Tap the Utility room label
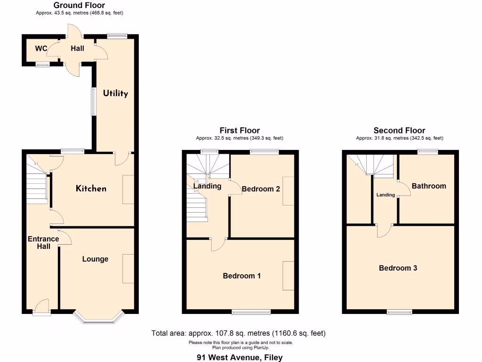coord(116,93)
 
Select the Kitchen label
coord(91,189)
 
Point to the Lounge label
coord(95,259)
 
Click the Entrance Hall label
coord(43,243)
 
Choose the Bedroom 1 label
coord(241,276)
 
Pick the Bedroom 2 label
coord(261,189)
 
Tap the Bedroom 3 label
coord(398,268)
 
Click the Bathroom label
coord(429,186)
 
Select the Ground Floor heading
coord(79,5)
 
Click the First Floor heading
coord(240,131)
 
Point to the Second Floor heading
coord(399,131)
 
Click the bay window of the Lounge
coord(99,319)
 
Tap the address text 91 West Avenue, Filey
coord(240,357)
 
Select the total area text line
coord(238,333)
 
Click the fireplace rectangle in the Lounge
coord(128,268)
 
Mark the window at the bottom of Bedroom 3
coord(399,312)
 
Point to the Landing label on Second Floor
coord(386,195)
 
